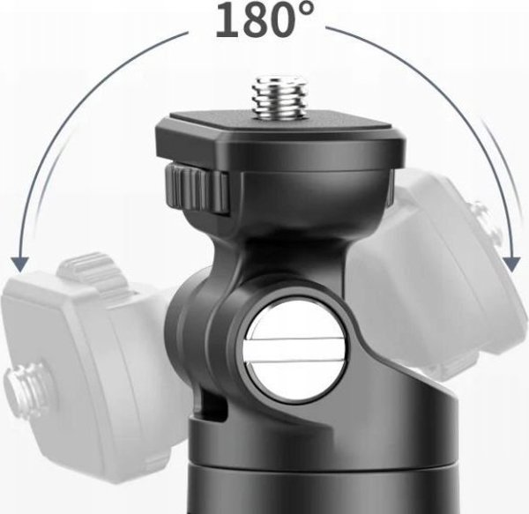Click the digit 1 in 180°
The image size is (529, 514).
coord(227,19)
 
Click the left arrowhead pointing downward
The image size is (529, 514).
coord(19,264)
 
